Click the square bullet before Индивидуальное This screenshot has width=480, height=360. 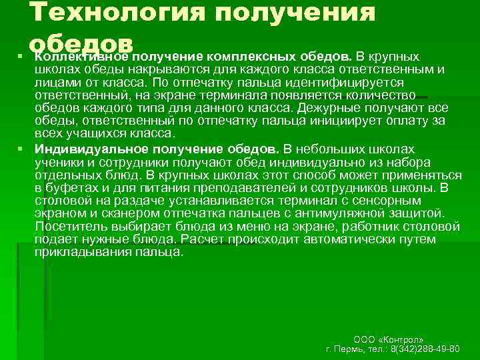tap(21, 148)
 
